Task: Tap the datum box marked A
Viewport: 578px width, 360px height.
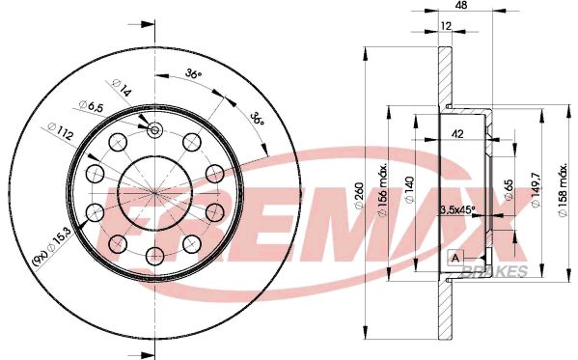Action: click(454, 258)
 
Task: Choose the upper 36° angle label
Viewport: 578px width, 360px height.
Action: click(192, 74)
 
